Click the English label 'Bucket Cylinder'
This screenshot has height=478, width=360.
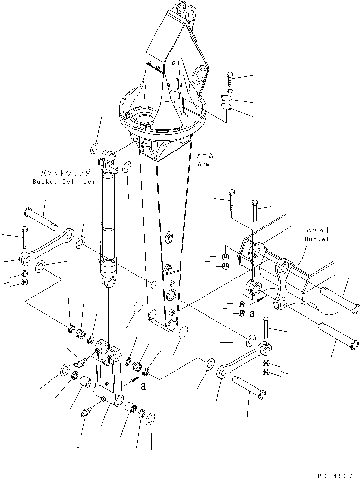pos(65,182)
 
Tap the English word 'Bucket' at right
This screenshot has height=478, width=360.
pos(316,239)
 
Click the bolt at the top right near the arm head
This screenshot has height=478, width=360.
pos(230,78)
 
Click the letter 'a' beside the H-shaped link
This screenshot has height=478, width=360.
pos(143,386)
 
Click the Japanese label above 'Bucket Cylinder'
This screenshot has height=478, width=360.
pos(65,173)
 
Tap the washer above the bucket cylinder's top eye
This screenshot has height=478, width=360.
pos(95,148)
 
